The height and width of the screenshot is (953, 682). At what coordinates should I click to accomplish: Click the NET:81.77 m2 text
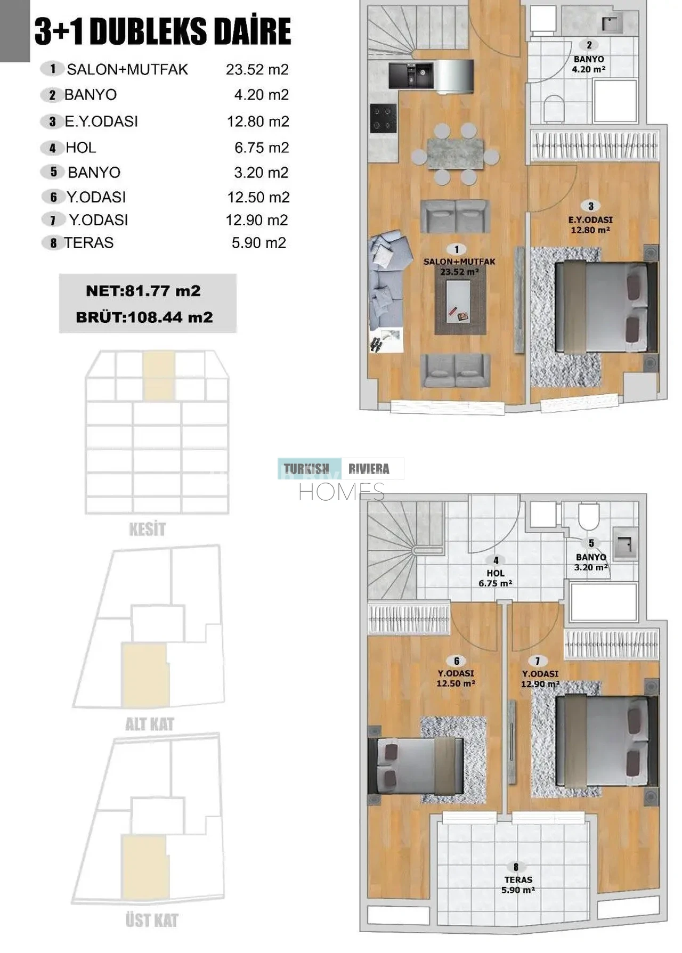pos(143,291)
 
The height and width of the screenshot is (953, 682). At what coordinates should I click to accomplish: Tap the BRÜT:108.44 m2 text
pos(144,317)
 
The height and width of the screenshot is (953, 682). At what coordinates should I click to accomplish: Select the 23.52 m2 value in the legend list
pos(257,70)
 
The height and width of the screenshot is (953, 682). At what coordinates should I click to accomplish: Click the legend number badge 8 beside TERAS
pos(53,243)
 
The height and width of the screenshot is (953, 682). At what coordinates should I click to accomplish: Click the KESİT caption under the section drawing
pos(147,529)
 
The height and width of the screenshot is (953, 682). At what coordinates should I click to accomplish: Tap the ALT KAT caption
pos(150,724)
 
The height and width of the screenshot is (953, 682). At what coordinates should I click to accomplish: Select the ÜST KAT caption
pos(152,920)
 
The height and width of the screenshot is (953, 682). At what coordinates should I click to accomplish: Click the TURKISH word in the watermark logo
pos(306,469)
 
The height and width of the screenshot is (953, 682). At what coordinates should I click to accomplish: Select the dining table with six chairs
pos(456,154)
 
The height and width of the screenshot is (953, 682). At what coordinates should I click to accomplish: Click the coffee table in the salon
pos(460,301)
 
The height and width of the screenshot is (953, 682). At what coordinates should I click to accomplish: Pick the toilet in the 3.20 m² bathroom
pos(589,514)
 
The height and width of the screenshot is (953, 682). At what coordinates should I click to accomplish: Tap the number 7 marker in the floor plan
pos(537,661)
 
